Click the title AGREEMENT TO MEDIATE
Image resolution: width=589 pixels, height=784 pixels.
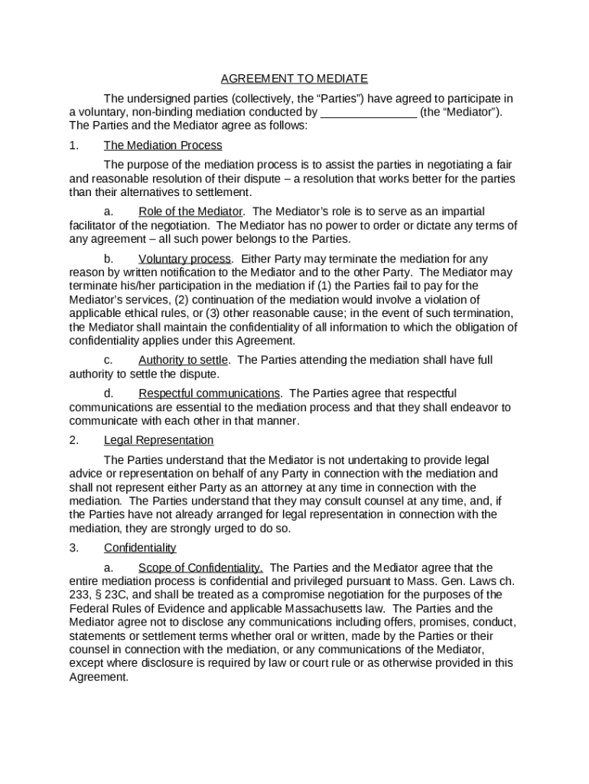click(x=294, y=79)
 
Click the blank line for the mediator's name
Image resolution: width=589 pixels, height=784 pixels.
click(x=369, y=113)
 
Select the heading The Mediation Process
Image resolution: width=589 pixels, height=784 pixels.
click(x=163, y=145)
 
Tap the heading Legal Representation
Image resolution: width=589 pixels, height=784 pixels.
click(x=158, y=440)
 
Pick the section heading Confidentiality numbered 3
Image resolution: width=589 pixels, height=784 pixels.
click(x=140, y=548)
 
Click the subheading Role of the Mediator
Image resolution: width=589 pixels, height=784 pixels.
click(x=190, y=212)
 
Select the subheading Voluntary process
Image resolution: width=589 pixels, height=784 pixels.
click(x=185, y=259)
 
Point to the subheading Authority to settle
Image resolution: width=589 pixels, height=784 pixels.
click(x=185, y=360)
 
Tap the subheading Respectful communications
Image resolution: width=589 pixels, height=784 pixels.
click(x=210, y=394)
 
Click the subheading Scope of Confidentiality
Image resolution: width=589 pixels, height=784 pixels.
click(x=200, y=568)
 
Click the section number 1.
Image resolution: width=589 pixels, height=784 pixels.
click(x=73, y=145)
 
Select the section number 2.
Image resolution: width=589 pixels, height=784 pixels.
click(x=73, y=440)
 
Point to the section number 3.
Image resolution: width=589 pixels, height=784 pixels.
click(x=73, y=548)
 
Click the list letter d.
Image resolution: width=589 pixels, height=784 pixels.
click(x=108, y=394)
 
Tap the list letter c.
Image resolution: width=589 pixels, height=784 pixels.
click(x=108, y=360)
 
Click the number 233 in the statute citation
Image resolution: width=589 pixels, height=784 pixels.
click(x=79, y=595)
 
